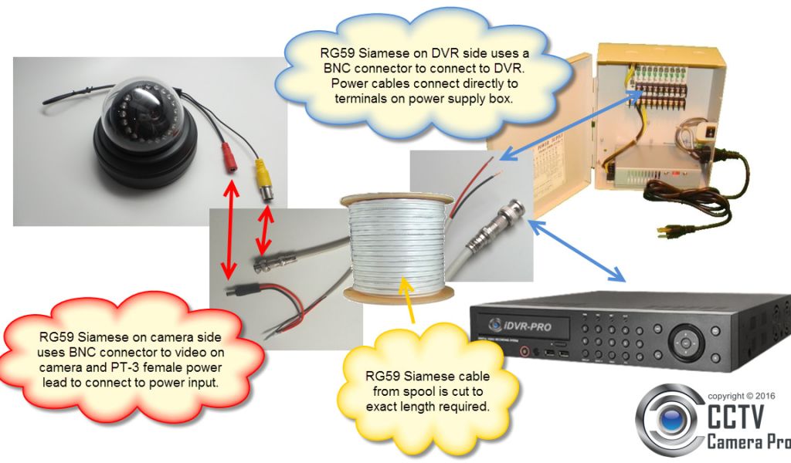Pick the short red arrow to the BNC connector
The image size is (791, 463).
[266, 227]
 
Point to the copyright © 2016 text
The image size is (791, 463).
[744, 396]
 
